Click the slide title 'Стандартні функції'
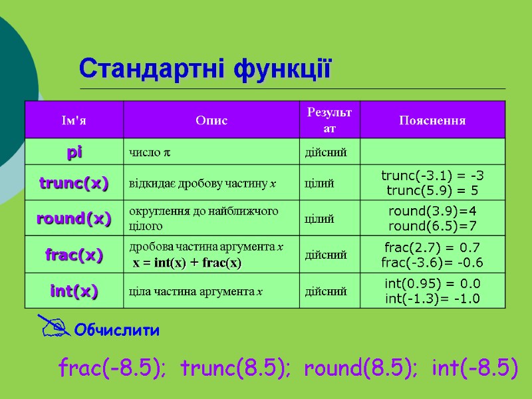(x=205, y=68)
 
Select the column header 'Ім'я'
(x=74, y=120)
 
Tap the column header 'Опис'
(x=211, y=120)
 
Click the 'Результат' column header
(x=329, y=120)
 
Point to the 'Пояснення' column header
(x=432, y=120)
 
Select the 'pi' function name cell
(x=74, y=153)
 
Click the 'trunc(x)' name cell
(x=74, y=183)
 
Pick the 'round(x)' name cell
(x=74, y=219)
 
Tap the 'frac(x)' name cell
(x=74, y=255)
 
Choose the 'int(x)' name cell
(x=74, y=291)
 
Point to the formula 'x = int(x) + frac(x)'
(x=187, y=263)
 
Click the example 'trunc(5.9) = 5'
(x=432, y=190)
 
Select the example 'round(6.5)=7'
(x=432, y=226)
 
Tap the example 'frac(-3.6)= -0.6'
(x=432, y=262)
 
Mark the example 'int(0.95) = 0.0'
(x=432, y=284)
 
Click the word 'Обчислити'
(x=116, y=330)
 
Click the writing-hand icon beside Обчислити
(x=53, y=325)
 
